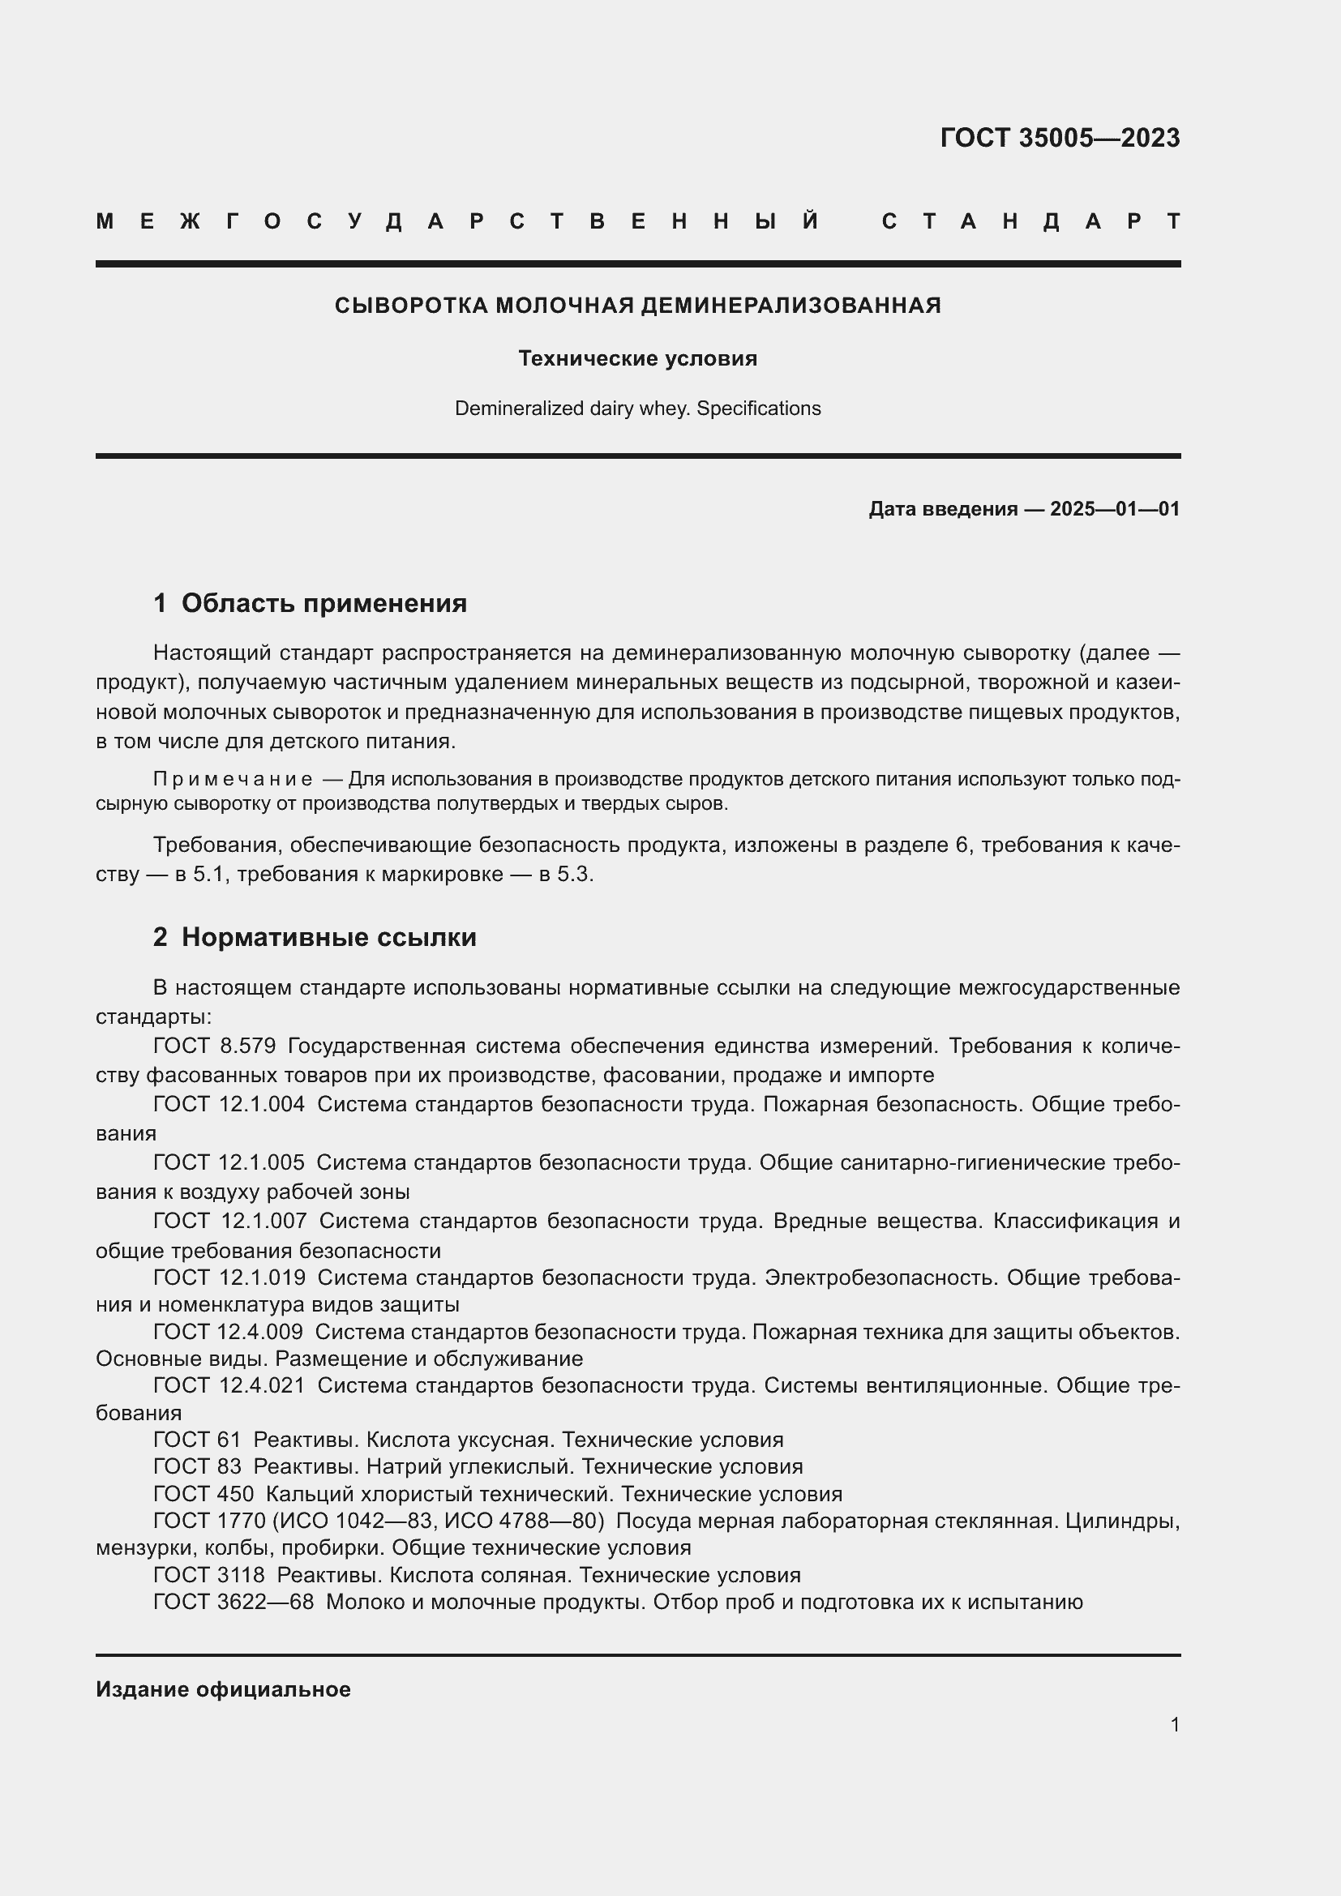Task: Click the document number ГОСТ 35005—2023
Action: pos(1060,137)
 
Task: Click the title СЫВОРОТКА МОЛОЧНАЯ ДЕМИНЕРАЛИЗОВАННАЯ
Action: pos(637,306)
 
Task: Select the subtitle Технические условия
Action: pos(637,358)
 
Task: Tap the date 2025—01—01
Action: pos(1115,509)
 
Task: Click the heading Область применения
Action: pos(323,603)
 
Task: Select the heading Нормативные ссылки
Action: pos(328,937)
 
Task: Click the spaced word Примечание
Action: pos(233,779)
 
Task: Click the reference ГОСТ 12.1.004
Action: pos(229,1104)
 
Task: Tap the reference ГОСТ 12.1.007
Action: pos(229,1221)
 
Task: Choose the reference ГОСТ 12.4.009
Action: pos(228,1331)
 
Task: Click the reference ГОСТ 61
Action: pos(196,1440)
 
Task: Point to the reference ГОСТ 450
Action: pos(204,1494)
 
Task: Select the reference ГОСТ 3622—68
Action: pos(233,1602)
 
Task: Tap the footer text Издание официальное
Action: pos(223,1689)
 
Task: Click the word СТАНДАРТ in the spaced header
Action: pos(1030,221)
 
